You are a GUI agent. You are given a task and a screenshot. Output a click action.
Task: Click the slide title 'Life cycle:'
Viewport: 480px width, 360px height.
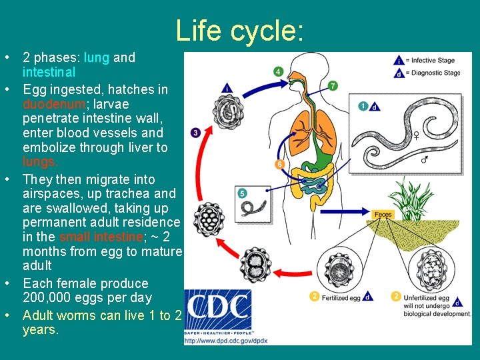[x=240, y=30]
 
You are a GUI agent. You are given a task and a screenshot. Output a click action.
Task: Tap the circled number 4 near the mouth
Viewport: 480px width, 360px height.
[x=278, y=71]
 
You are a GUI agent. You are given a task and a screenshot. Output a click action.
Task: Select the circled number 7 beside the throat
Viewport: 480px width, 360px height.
[x=333, y=85]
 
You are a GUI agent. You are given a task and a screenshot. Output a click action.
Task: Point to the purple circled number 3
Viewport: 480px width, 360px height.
[x=195, y=133]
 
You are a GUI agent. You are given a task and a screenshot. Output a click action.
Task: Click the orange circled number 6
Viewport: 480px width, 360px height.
[x=279, y=164]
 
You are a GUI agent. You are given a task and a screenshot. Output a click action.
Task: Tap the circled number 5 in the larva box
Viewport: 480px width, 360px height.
[x=243, y=193]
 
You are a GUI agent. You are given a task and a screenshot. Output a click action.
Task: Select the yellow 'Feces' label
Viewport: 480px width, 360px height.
[x=383, y=215]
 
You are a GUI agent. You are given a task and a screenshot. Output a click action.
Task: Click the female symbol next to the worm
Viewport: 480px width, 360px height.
[x=416, y=135]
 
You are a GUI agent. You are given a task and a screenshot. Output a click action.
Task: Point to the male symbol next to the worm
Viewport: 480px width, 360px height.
[x=425, y=160]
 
